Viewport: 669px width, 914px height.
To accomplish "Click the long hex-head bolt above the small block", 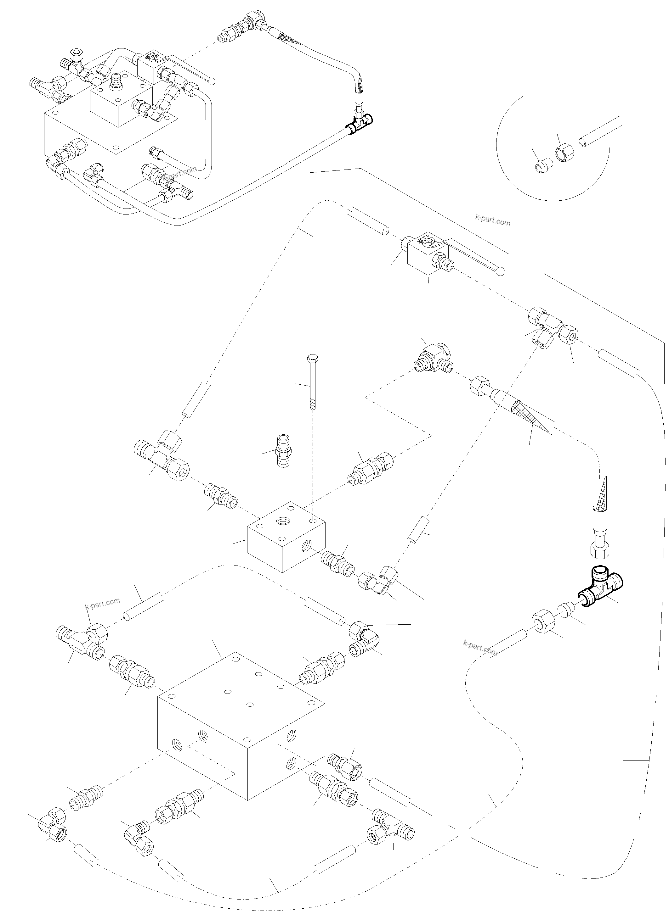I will (x=313, y=382).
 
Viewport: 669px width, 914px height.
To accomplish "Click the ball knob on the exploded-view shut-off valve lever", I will (x=501, y=271).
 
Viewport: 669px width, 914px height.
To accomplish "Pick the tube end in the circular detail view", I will (x=584, y=142).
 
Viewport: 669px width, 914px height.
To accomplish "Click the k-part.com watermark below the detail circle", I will (x=492, y=220).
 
